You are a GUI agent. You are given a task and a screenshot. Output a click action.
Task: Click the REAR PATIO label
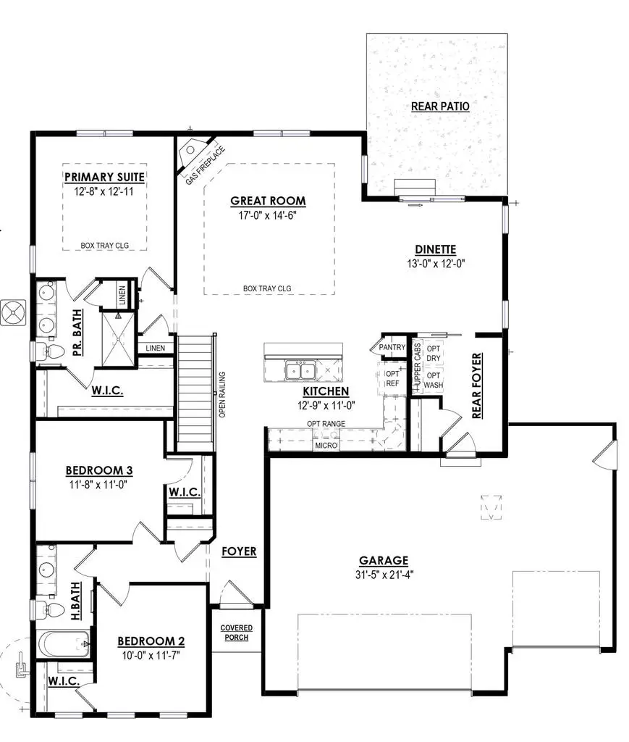[440, 107]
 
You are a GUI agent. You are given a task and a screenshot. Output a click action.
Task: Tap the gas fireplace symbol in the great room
[190, 151]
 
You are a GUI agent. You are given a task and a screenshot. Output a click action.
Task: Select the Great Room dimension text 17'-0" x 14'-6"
[268, 215]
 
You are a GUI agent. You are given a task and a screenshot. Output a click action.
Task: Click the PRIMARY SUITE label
[105, 177]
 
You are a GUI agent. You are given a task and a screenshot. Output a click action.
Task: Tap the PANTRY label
[392, 348]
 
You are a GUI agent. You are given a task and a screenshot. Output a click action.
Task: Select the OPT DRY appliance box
[433, 353]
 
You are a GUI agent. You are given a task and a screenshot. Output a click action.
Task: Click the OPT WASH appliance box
[433, 380]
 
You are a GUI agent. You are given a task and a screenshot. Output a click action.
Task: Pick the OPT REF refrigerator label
[392, 378]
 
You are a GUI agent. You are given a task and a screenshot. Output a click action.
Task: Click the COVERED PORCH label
[236, 632]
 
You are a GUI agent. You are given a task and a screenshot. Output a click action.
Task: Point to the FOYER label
[239, 551]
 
